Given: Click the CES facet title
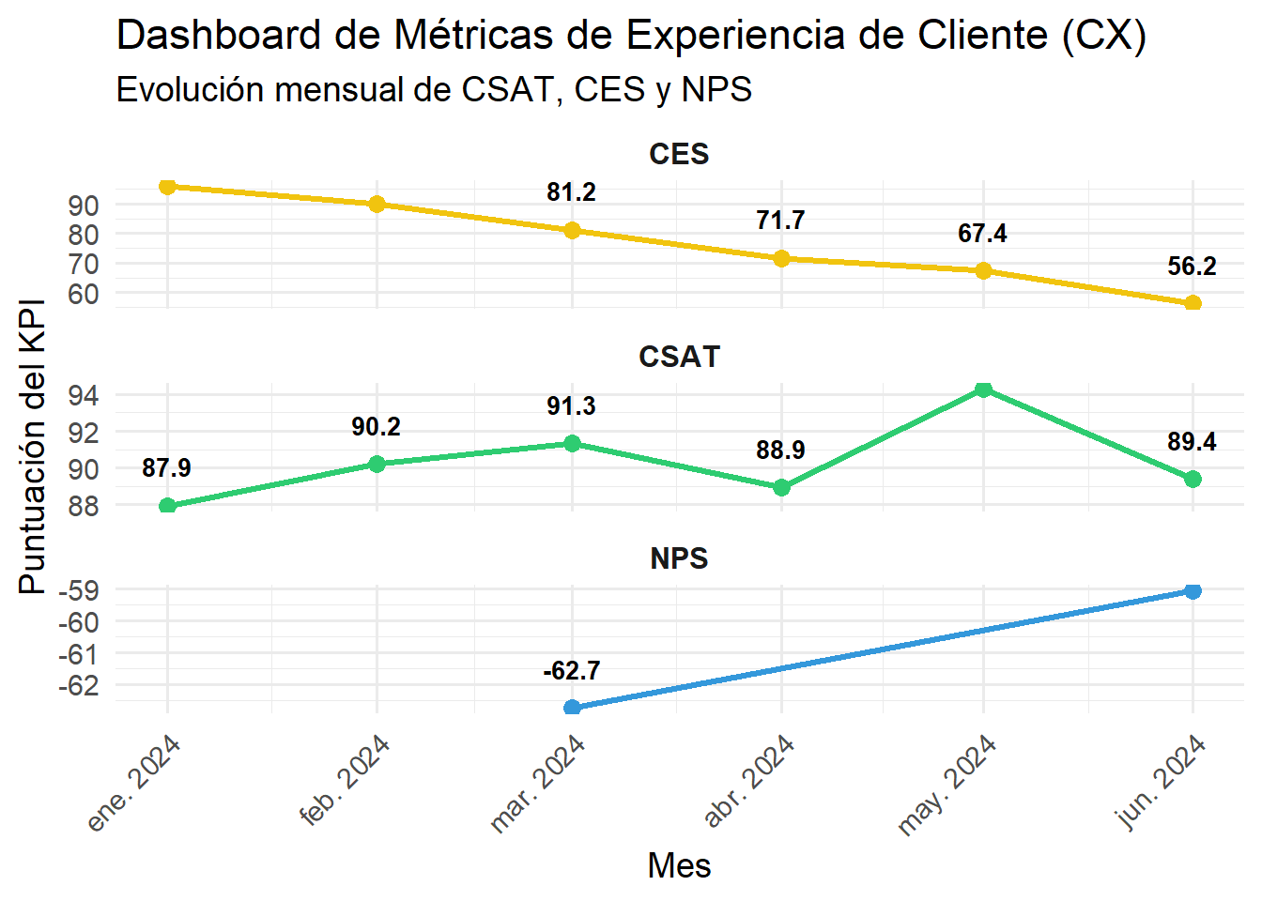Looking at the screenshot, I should pos(679,154).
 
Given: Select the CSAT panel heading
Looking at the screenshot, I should pos(679,357).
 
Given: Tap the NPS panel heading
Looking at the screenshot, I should pos(679,558).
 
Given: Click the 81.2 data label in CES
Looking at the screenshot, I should pos(571,192).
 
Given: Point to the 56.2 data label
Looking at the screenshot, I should pos(1192,267).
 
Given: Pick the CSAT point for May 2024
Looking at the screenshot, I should pos(983,389).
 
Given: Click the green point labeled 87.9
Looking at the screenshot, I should pos(168,506).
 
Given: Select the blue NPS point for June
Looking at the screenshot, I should pos(1193,590).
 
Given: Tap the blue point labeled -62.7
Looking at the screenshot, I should pos(572,707).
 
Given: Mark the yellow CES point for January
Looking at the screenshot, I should pos(168,187).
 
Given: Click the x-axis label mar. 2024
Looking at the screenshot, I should pos(539,785).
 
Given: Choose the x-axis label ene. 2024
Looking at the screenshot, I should pos(134,785).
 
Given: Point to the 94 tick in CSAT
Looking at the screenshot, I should pos(84,395).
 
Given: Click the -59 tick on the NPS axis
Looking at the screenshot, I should pos(78,590).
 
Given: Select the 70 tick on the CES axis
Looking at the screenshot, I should pos(84,264).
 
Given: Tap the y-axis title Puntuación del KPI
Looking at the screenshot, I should pos(32,447).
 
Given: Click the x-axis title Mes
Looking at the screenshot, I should pos(679,865).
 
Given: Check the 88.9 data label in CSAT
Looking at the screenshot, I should pos(780,450).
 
